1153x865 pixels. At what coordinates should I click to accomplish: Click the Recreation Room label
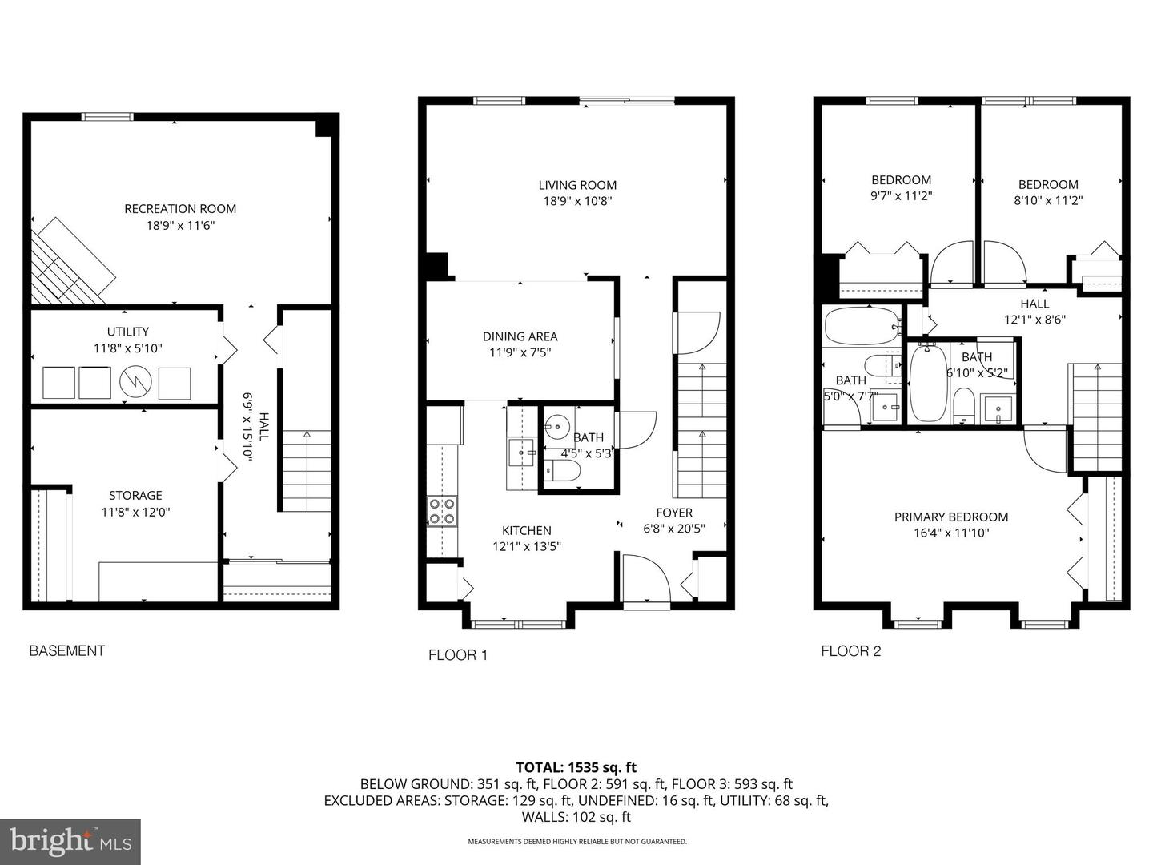point(180,208)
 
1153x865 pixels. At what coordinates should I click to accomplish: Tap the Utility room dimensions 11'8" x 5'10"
point(128,348)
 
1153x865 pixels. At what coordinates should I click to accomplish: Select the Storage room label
point(135,495)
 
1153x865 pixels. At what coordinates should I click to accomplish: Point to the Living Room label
point(577,185)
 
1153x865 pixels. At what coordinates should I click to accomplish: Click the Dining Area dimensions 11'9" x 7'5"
point(520,352)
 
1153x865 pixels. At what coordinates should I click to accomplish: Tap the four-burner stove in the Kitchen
point(442,512)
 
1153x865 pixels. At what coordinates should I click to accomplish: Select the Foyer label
point(674,513)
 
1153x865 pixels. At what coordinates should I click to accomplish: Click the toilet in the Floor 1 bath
point(561,471)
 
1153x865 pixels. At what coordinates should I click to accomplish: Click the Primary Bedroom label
point(951,517)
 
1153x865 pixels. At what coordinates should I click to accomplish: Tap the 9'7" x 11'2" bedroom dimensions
point(902,196)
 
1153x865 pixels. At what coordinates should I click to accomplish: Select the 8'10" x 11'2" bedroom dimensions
point(1048,200)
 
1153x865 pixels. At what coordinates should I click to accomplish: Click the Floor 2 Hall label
point(1034,304)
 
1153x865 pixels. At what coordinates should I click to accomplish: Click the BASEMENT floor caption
point(67,650)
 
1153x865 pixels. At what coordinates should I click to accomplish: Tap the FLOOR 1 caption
point(458,655)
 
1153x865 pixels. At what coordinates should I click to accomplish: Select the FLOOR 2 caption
point(851,651)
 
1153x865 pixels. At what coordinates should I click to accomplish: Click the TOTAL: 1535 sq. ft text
point(576,767)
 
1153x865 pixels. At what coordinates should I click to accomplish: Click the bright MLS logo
point(70,842)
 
